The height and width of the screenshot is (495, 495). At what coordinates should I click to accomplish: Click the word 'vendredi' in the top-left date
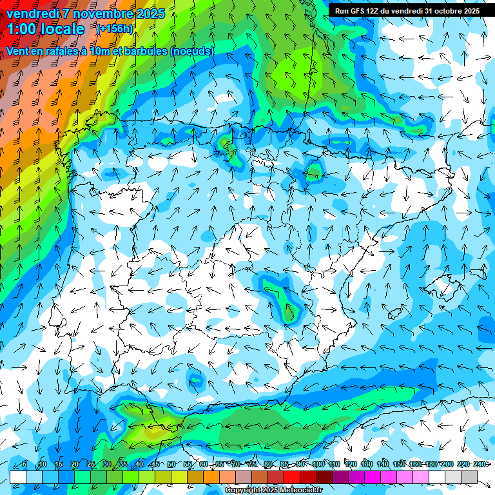tap(32, 14)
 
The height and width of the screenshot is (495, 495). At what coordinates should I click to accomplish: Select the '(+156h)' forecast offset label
tap(115, 28)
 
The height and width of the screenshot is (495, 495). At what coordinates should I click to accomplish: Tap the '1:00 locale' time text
tap(45, 29)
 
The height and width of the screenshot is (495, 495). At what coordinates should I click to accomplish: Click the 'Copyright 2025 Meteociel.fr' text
tap(273, 490)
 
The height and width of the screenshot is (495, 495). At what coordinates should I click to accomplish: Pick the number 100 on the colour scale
tap(318, 464)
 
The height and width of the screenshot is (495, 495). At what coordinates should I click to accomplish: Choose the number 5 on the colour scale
tap(24, 464)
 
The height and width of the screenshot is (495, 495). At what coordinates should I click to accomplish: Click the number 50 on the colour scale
tap(171, 464)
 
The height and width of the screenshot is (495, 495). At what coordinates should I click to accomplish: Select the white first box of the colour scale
tap(18, 477)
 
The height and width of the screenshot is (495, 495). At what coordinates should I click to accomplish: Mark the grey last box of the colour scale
tap(469, 477)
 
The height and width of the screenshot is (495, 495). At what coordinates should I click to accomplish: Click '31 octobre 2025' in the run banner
tap(452, 11)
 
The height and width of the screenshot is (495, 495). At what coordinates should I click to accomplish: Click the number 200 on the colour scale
tap(447, 464)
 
